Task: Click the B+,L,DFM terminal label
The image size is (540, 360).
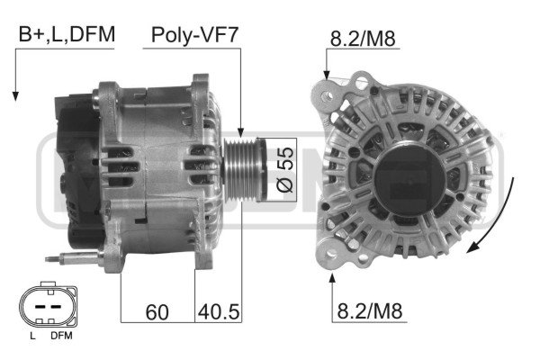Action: [67, 34]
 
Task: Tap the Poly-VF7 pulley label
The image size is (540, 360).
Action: [194, 34]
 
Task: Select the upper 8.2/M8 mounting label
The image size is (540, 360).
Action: [363, 38]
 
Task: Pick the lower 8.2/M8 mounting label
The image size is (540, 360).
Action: [370, 310]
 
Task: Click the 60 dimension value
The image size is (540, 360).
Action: [157, 312]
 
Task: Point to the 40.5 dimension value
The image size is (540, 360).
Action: [219, 311]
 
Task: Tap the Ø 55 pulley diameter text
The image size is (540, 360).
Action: [285, 169]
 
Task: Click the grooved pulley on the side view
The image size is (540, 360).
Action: [245, 169]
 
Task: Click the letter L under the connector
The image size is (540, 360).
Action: [32, 336]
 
